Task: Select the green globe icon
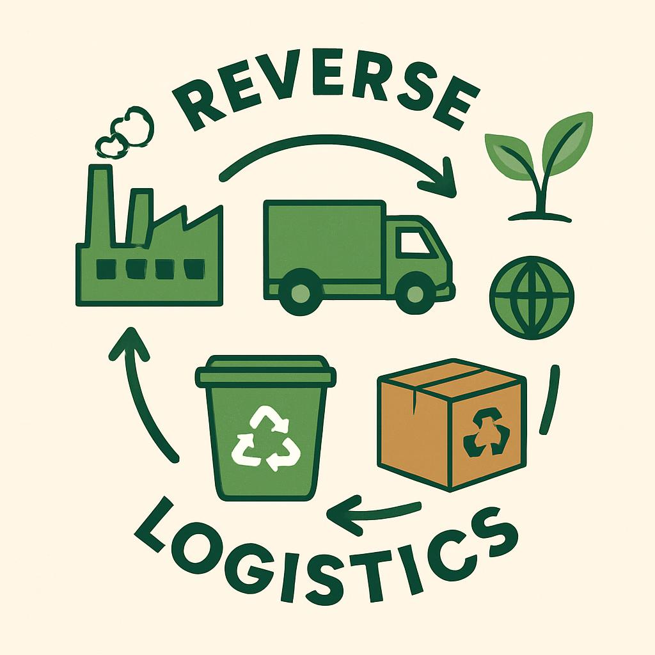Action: coord(532,298)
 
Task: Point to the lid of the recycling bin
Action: coord(266,372)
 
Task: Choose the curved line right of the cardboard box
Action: coord(548,399)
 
